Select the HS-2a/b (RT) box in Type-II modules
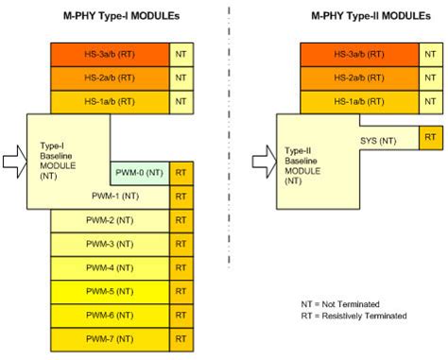point(360,78)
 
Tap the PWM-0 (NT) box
point(140,172)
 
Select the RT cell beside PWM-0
point(181,172)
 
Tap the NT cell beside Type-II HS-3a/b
point(431,55)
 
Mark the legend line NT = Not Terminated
point(339,304)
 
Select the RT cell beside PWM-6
point(181,315)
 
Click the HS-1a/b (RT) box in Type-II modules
point(360,102)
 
